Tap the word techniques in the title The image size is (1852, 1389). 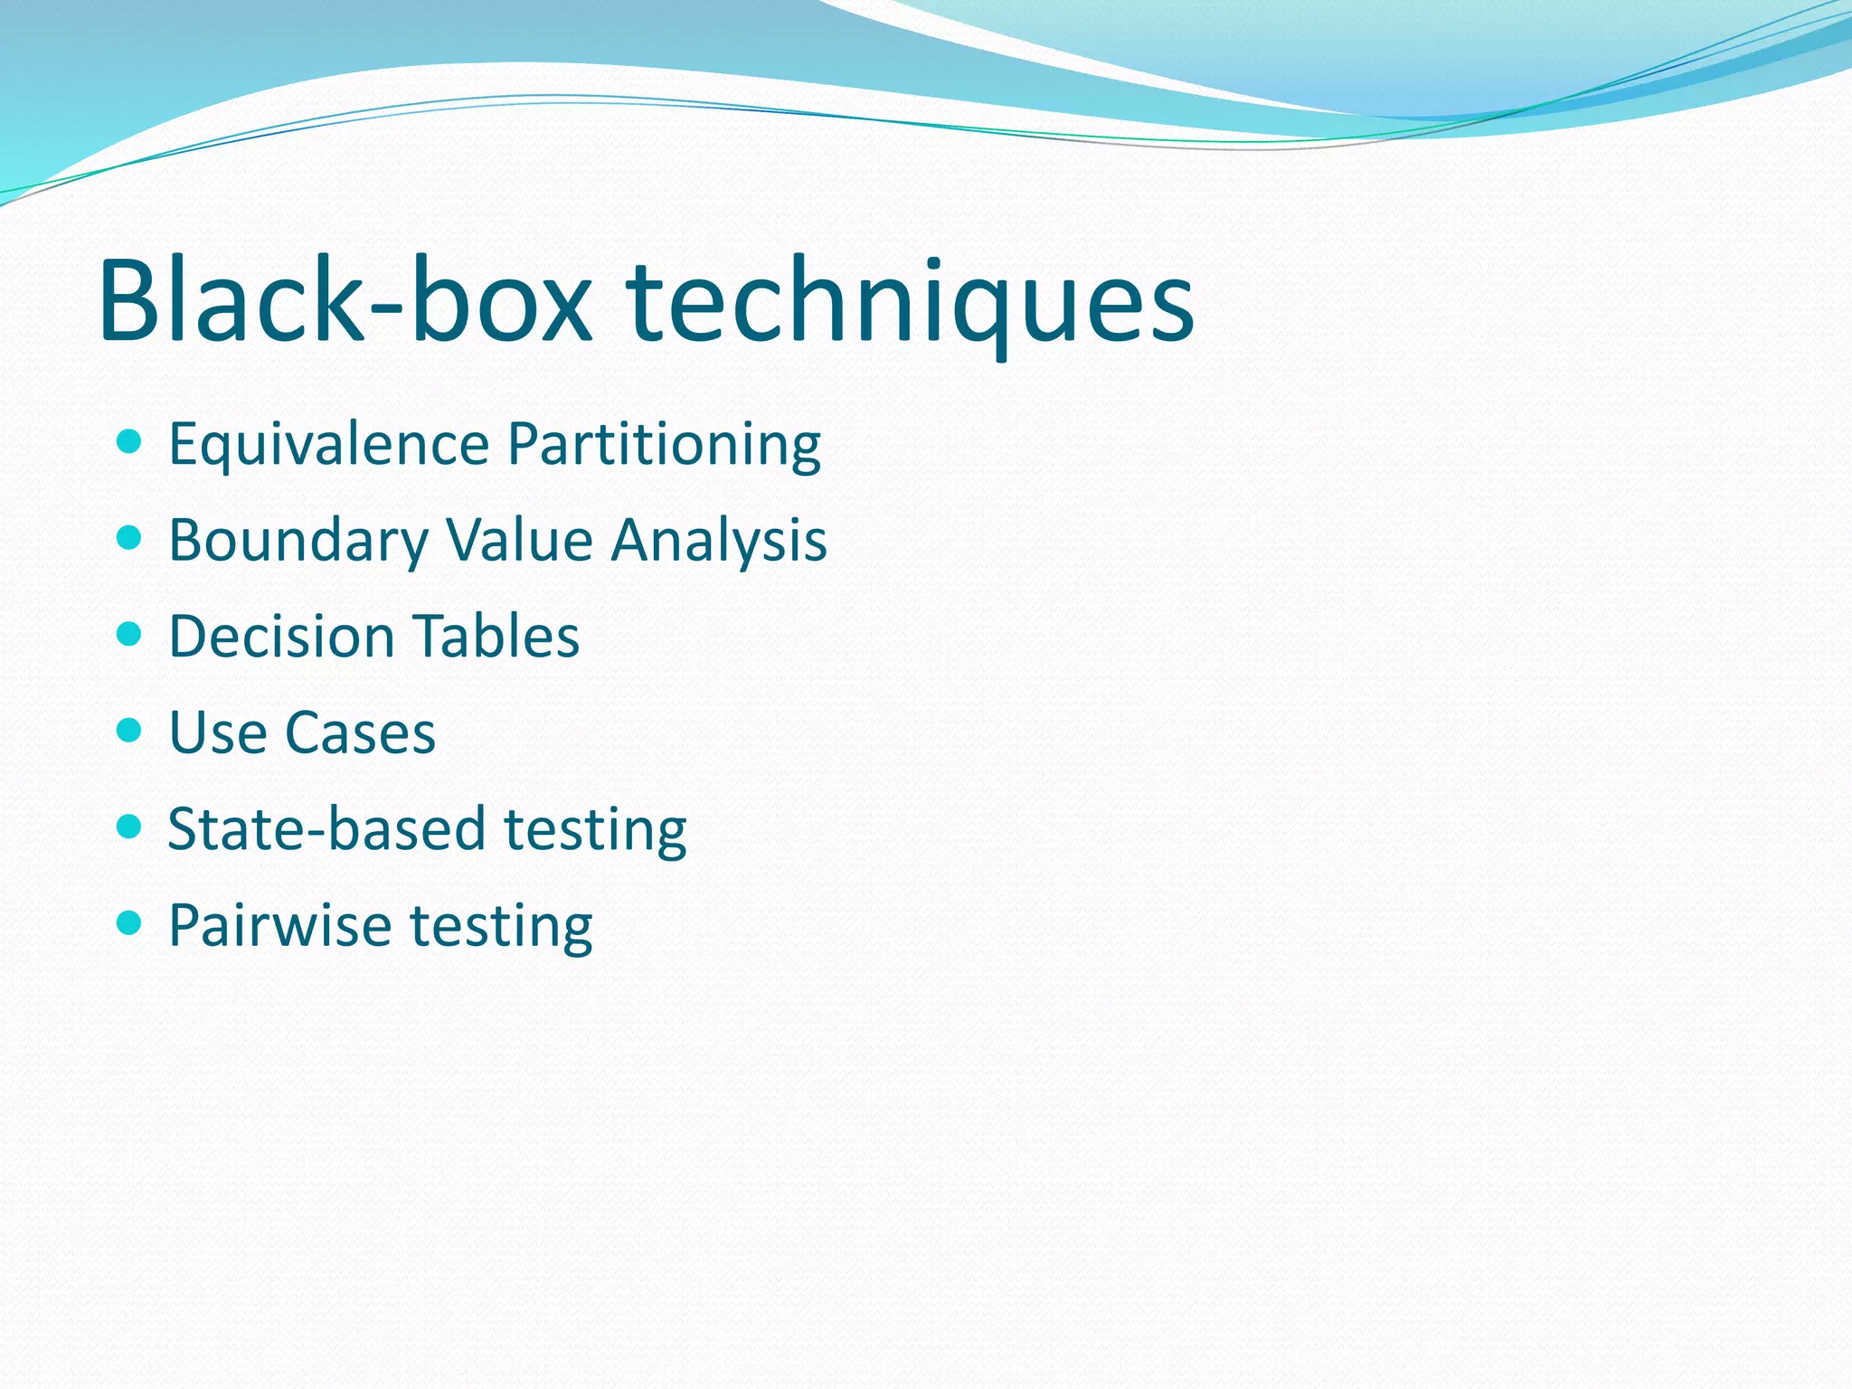point(910,303)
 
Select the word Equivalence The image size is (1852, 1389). point(329,445)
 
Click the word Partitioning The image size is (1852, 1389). point(664,445)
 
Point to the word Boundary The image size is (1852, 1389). point(298,541)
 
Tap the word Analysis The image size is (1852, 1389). point(719,541)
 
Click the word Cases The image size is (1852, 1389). point(360,732)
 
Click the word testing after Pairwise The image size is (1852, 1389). point(502,927)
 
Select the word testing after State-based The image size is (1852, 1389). point(595,830)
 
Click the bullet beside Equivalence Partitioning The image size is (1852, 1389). point(130,442)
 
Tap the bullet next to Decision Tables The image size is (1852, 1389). point(130,634)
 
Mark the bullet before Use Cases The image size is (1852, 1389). point(130,730)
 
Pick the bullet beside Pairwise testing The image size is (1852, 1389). point(130,922)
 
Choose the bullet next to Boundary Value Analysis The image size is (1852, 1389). point(130,538)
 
